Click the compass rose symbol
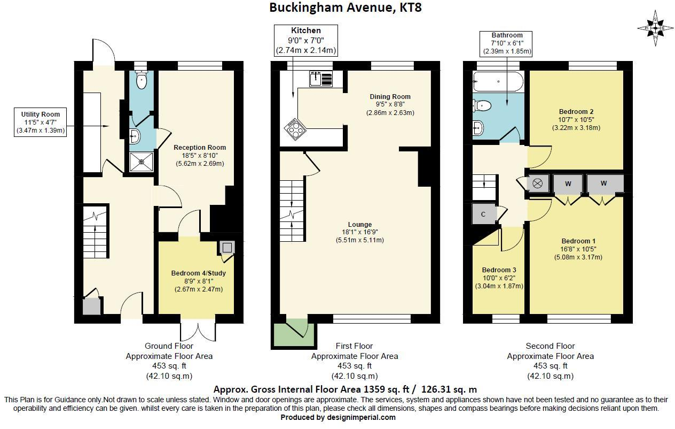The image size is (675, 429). point(655,28)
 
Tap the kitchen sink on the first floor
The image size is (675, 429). point(321,79)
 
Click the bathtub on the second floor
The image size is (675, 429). point(498,81)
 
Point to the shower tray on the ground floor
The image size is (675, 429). point(142,162)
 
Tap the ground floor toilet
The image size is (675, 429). point(141,80)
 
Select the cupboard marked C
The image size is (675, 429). point(484,214)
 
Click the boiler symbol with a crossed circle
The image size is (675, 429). point(538,183)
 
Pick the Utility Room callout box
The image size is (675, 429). point(41,122)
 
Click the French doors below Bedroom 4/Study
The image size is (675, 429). point(198,332)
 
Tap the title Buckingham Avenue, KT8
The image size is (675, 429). point(346,7)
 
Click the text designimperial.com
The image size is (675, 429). point(362,418)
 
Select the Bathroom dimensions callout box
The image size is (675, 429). point(506,44)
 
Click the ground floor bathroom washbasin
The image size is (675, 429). point(135,136)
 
